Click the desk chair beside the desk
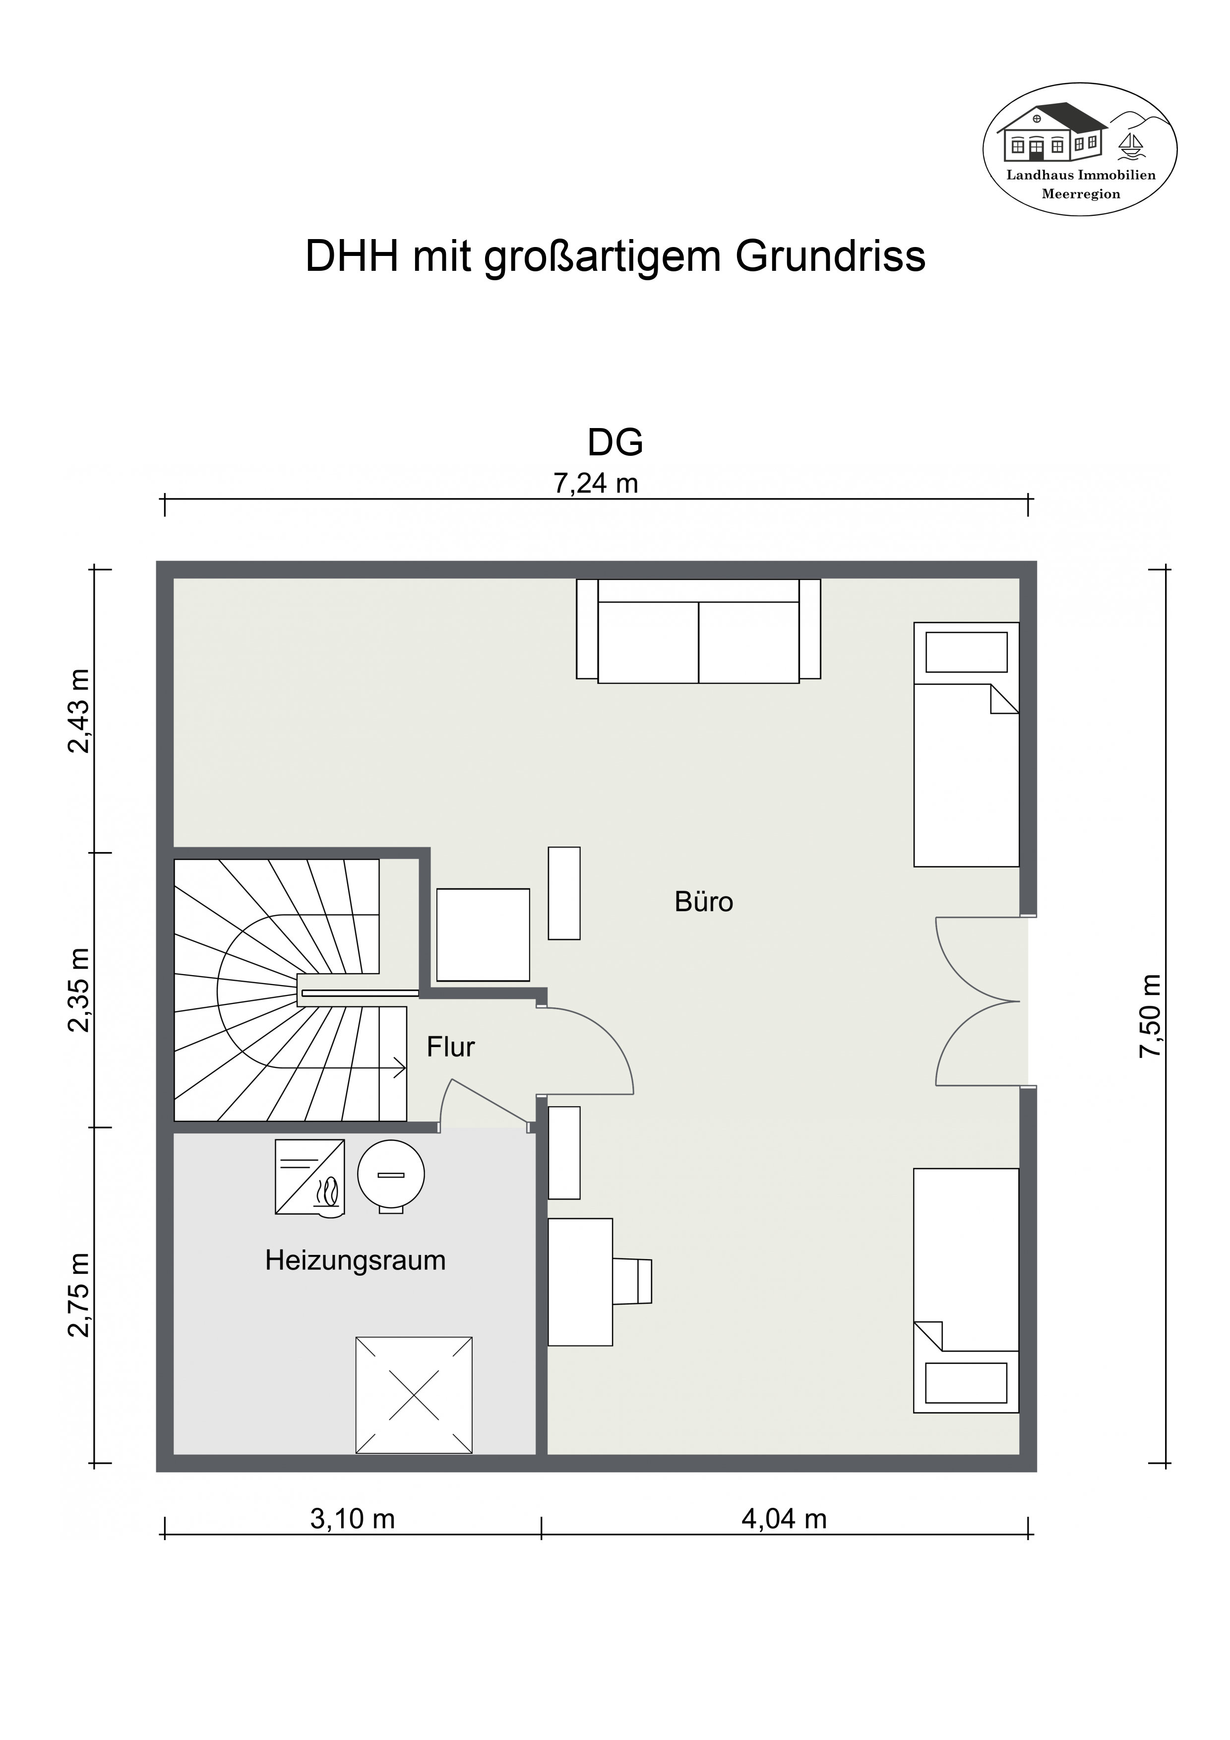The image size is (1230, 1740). [632, 1281]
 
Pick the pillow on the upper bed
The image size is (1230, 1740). [966, 652]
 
